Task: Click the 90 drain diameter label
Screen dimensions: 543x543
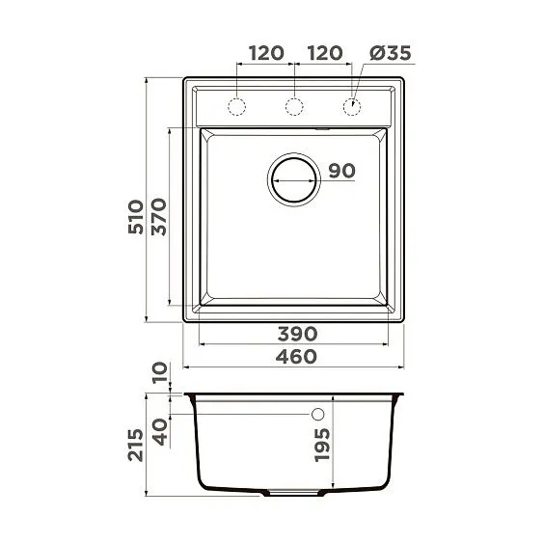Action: [341, 172]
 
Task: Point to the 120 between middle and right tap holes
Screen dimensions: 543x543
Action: [324, 53]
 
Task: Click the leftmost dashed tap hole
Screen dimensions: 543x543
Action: [237, 104]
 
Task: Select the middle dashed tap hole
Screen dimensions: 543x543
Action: [295, 104]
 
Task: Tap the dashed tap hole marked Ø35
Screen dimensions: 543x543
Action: [353, 104]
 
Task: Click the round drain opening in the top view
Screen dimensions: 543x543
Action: [294, 178]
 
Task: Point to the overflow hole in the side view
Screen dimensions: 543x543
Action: [316, 415]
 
